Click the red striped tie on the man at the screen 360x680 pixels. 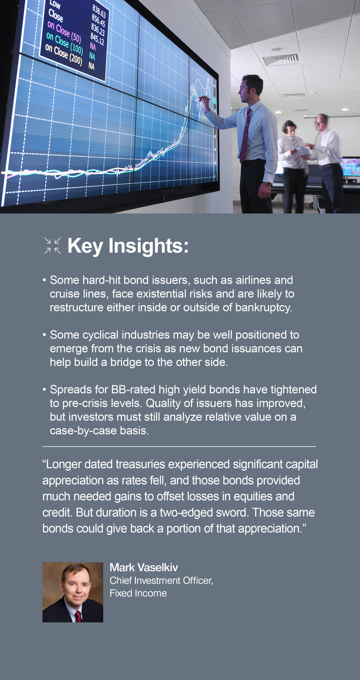click(245, 136)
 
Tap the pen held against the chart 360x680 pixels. click(204, 98)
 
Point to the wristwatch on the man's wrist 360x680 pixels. click(268, 184)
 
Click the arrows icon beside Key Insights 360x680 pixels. click(53, 245)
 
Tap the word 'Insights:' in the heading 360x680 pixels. click(148, 246)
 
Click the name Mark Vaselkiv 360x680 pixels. click(144, 567)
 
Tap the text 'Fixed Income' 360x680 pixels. click(138, 593)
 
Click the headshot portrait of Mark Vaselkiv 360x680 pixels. click(73, 592)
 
